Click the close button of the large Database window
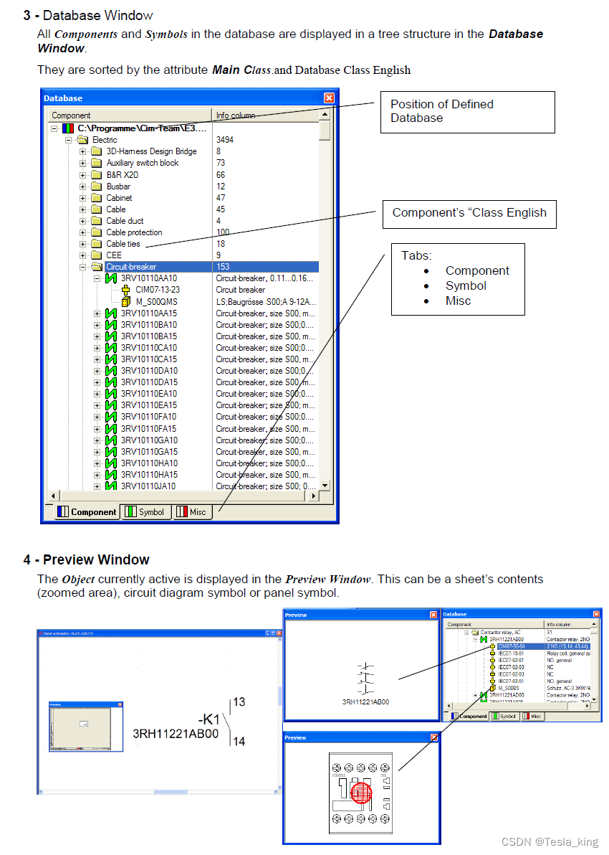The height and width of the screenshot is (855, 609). tap(329, 98)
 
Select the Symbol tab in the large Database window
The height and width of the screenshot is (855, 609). tap(146, 512)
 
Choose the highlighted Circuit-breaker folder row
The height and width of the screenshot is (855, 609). tap(131, 267)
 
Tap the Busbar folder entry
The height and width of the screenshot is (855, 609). tap(118, 186)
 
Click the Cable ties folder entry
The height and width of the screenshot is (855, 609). tap(123, 244)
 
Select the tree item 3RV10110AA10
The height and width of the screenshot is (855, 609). tap(148, 278)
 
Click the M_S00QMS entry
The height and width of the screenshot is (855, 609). tap(156, 302)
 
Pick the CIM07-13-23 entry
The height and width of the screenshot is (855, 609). tap(159, 290)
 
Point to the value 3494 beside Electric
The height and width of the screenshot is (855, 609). tap(224, 140)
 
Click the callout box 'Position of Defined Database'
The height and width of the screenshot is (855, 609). tap(467, 111)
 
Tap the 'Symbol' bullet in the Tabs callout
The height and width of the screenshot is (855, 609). tap(466, 285)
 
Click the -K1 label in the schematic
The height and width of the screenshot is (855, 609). tap(208, 719)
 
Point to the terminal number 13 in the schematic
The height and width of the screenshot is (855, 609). tap(239, 702)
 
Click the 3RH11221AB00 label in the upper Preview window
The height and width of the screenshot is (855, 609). tap(365, 702)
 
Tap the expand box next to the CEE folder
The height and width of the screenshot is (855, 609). tap(82, 255)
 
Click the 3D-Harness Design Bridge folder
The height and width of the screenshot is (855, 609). tap(151, 151)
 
